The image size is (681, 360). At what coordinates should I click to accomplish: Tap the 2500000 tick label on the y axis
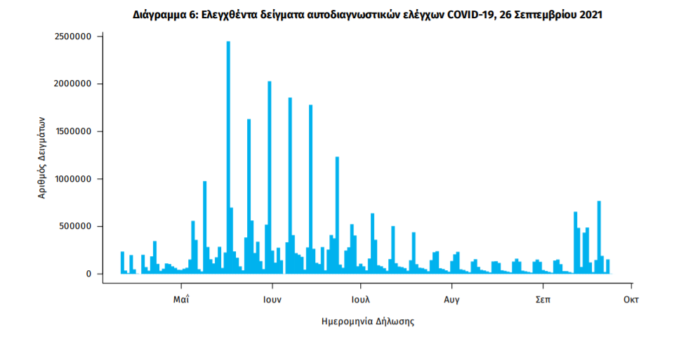[x=73, y=36]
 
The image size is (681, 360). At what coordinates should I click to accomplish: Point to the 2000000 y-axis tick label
[x=73, y=84]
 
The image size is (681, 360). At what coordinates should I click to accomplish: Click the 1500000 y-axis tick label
[x=73, y=132]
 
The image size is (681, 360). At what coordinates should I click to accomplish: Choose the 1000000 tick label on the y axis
[x=73, y=179]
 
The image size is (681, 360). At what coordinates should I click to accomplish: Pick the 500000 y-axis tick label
[x=76, y=227]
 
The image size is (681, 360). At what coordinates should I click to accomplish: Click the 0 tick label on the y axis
[x=89, y=274]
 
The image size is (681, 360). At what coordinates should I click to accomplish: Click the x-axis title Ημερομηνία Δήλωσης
[x=367, y=322]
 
